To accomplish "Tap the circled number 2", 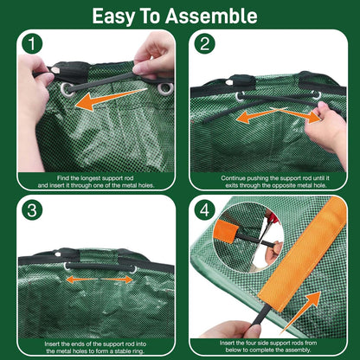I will [x=204, y=44].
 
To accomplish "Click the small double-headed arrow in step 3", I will [x=98, y=280].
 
